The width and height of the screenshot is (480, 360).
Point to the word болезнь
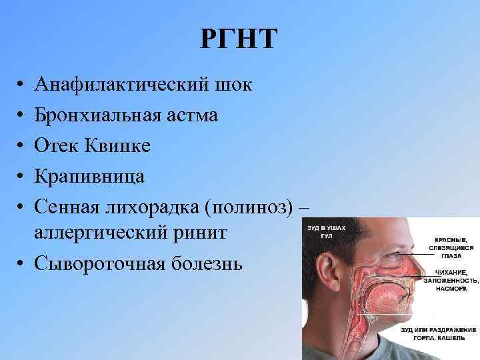click(205, 264)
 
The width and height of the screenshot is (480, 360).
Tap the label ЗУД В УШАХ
click(323, 228)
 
